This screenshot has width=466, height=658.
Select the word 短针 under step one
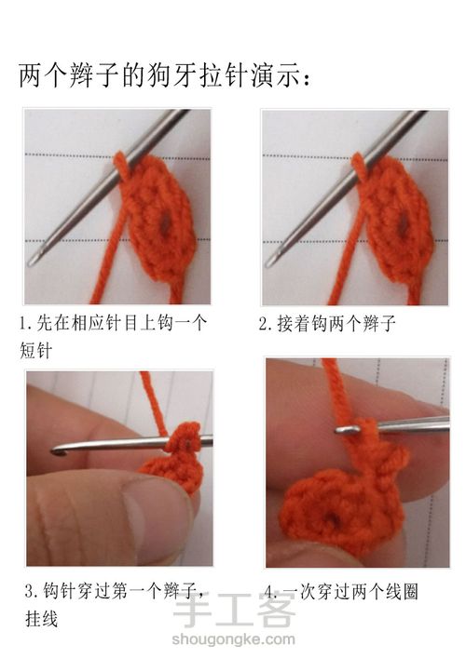pos(36,350)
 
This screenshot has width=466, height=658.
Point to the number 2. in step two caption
pos(267,324)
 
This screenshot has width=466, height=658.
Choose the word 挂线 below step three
pos(41,619)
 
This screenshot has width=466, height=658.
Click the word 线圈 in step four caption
pos(402,592)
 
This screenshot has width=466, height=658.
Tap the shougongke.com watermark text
pos(233,639)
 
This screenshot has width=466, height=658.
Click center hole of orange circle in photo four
pos(334,518)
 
